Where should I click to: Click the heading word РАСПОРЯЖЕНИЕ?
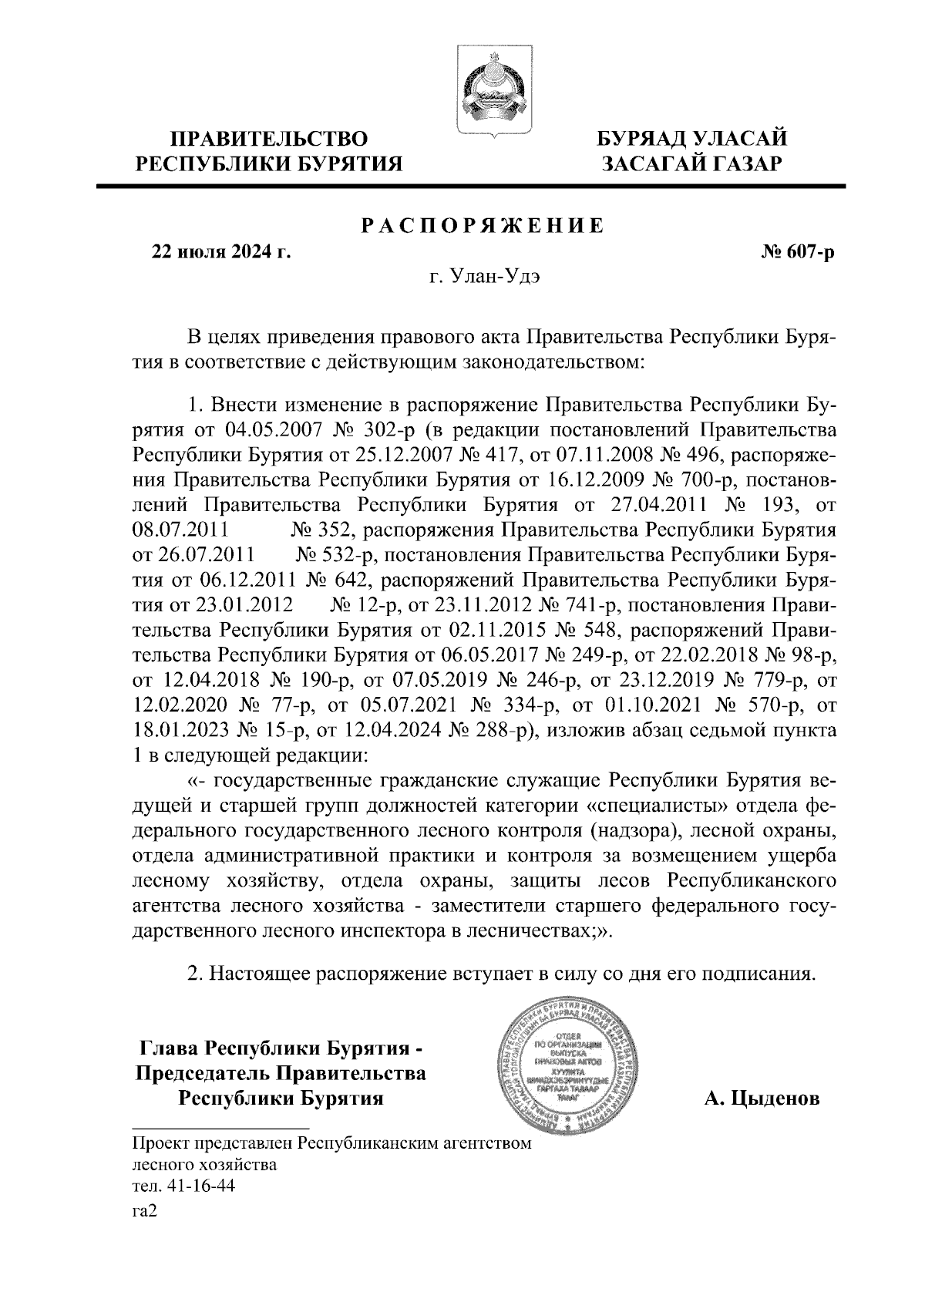[x=483, y=226]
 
